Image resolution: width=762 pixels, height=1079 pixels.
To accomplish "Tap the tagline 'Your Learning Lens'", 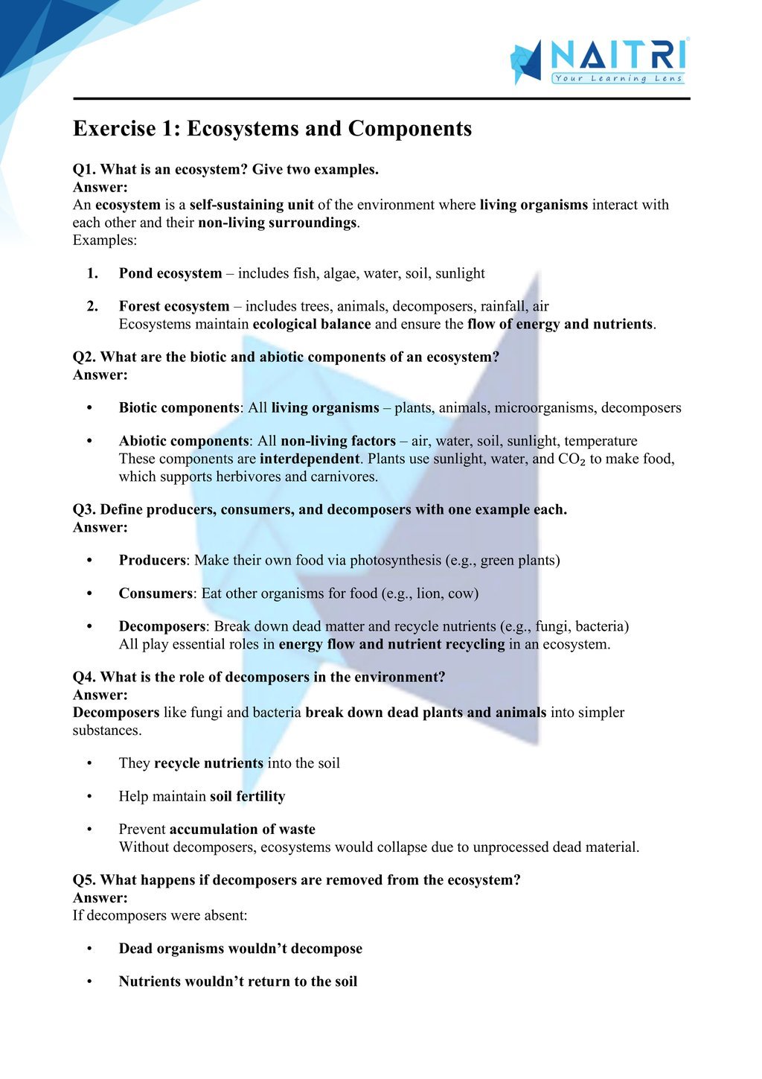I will pyautogui.click(x=618, y=78).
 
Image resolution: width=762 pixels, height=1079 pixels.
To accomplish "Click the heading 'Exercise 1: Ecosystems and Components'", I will pyautogui.click(x=272, y=129).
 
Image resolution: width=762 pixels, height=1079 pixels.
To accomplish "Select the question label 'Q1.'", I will pyautogui.click(x=84, y=169).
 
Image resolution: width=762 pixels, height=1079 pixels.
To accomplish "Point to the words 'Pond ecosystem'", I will pyautogui.click(x=170, y=273).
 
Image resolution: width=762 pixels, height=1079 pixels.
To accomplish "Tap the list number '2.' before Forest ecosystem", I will pyautogui.click(x=92, y=306).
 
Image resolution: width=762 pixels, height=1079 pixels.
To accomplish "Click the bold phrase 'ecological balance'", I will pyautogui.click(x=312, y=324).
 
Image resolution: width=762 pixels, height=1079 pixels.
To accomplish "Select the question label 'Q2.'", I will pyautogui.click(x=84, y=357).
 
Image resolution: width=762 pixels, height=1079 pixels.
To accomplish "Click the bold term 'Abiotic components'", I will pyautogui.click(x=184, y=441).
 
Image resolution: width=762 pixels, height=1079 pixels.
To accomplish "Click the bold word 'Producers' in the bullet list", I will pyautogui.click(x=152, y=560).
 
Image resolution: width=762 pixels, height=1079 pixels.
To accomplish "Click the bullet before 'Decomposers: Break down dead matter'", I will pyautogui.click(x=89, y=626).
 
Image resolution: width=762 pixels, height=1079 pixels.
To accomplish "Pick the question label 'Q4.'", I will pyautogui.click(x=84, y=677).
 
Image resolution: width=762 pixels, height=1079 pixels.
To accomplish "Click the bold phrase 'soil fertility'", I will pyautogui.click(x=247, y=796).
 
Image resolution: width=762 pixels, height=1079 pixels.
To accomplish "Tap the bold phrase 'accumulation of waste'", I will pyautogui.click(x=242, y=829).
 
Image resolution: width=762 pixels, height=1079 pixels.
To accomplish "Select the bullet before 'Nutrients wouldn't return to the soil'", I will pyautogui.click(x=89, y=981).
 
